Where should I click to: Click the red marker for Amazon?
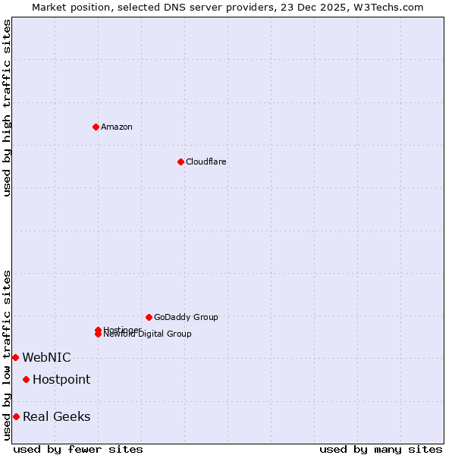96,127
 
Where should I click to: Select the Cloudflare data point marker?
180,162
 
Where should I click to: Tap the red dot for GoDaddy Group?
149,317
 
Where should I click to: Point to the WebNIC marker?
15,357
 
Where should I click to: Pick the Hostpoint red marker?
26,379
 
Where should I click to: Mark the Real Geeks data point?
16,416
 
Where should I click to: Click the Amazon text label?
117,127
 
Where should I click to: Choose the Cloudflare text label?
206,162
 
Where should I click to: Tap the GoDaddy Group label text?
186,317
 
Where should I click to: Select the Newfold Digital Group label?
148,334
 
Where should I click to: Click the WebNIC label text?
46,357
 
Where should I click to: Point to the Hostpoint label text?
61,379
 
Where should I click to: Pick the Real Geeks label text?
57,416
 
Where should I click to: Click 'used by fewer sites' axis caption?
78,449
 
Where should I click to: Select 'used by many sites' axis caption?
381,449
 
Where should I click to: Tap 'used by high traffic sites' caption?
7,108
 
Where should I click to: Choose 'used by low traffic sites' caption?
7,355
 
